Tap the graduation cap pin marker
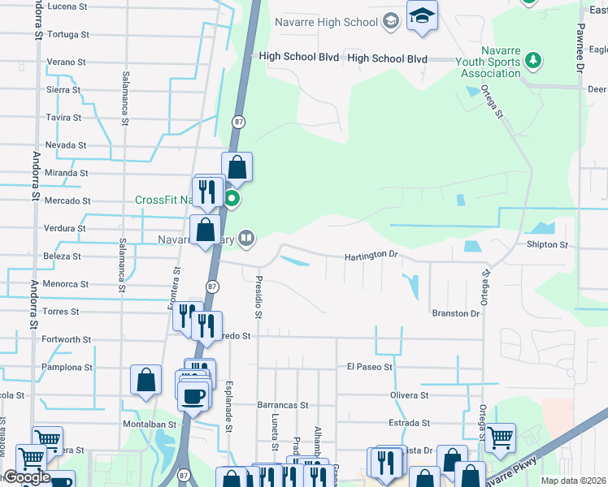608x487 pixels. [x=422, y=16]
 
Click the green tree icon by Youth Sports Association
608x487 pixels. [x=533, y=60]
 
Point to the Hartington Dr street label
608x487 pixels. [x=371, y=255]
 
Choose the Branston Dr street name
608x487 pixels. [x=455, y=313]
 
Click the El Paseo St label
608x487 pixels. [x=369, y=367]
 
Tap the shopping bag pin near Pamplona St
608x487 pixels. [x=145, y=380]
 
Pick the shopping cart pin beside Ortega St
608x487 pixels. [x=500, y=437]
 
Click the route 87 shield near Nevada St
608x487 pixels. [x=237, y=122]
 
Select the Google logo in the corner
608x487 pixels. [x=27, y=477]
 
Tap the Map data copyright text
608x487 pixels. [x=573, y=481]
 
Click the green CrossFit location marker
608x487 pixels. [x=232, y=198]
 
